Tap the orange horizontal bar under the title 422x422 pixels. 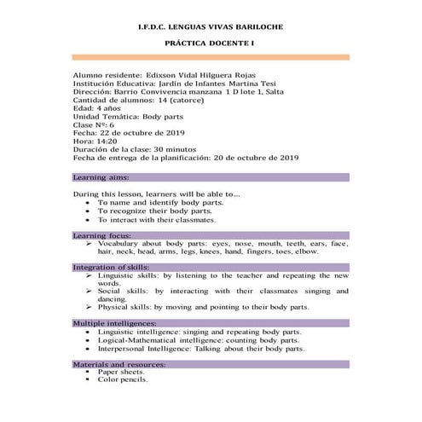pyautogui.click(x=211, y=57)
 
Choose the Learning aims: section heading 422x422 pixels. pyautogui.click(x=101, y=177)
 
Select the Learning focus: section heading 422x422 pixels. pyautogui.click(x=102, y=234)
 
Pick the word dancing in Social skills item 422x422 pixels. pyautogui.click(x=113, y=299)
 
